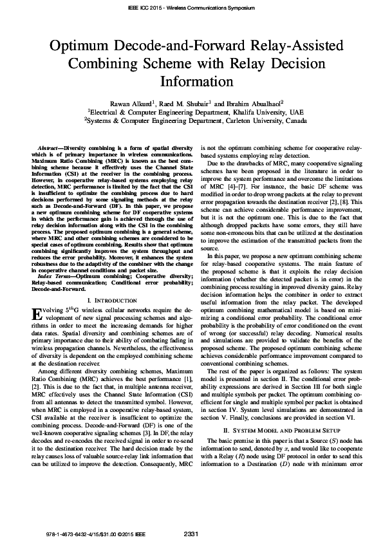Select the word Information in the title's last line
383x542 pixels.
(191, 82)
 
